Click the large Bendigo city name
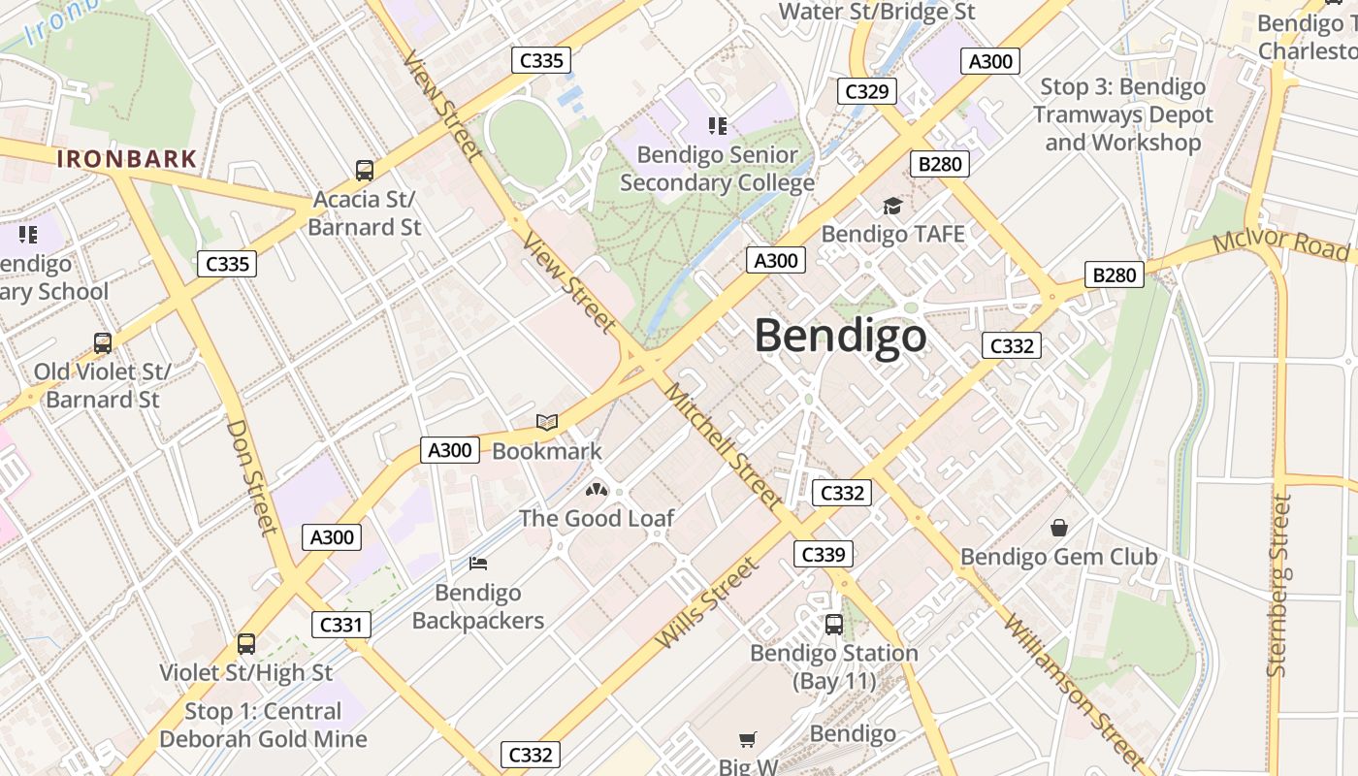pyautogui.click(x=840, y=337)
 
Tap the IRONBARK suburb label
pyautogui.click(x=127, y=159)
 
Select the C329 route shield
pyautogui.click(x=866, y=91)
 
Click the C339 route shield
pyautogui.click(x=824, y=554)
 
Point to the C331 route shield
pyautogui.click(x=340, y=625)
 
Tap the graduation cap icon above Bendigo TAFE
pyautogui.click(x=892, y=206)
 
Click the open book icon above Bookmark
pyautogui.click(x=547, y=423)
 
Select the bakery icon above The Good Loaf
pyautogui.click(x=596, y=490)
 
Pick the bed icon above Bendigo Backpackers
pyautogui.click(x=477, y=564)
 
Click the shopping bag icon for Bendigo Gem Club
pyautogui.click(x=1058, y=528)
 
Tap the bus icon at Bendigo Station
pyautogui.click(x=833, y=625)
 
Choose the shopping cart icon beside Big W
pyautogui.click(x=747, y=740)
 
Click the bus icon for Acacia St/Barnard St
pyautogui.click(x=365, y=171)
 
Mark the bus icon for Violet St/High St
pyautogui.click(x=246, y=644)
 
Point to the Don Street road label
pyautogui.click(x=252, y=476)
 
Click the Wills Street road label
pyautogui.click(x=706, y=603)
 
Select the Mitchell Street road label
pyautogui.click(x=723, y=445)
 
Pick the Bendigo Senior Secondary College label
pyautogui.click(x=717, y=169)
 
